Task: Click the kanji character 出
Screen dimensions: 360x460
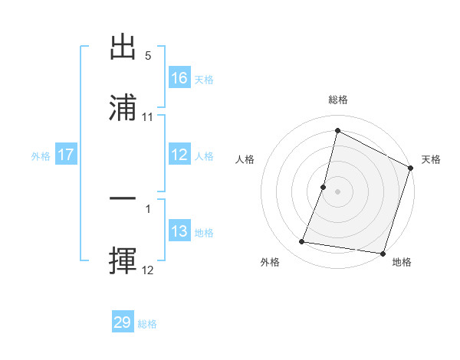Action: point(123,47)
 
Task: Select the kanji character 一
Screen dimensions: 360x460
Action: point(123,198)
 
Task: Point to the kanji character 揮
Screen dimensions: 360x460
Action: point(123,261)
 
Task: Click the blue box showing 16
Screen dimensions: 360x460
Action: point(179,78)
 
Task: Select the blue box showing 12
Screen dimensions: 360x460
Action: point(179,155)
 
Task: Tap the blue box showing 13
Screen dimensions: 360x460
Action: point(179,231)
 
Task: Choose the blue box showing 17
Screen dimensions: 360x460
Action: point(66,155)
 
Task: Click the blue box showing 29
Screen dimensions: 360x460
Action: point(123,322)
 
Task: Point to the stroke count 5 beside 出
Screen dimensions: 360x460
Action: point(148,56)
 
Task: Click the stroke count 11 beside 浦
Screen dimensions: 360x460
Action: point(148,117)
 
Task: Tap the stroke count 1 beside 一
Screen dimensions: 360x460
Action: point(148,208)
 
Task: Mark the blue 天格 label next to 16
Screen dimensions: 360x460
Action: point(204,79)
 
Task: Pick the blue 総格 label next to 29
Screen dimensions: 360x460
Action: point(147,324)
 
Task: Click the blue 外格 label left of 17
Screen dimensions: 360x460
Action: point(41,155)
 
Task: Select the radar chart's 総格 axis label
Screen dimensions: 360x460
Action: point(338,100)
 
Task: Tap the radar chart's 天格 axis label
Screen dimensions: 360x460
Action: point(431,159)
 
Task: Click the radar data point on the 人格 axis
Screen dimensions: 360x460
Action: point(324,187)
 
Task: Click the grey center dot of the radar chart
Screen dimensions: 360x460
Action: point(338,191)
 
